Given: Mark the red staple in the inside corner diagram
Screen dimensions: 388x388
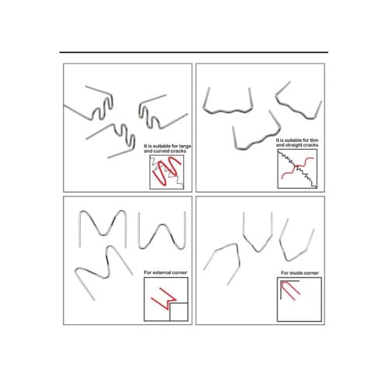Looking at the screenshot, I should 292,289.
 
